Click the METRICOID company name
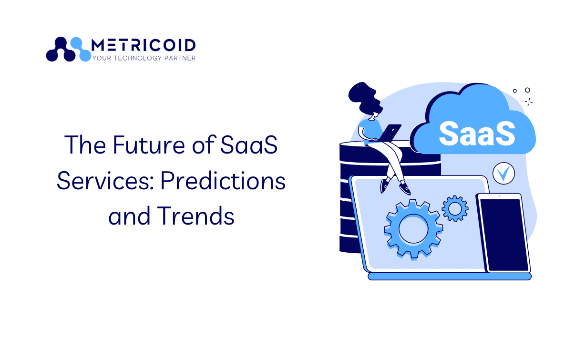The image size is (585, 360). pos(144,45)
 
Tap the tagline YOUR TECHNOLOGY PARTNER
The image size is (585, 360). pos(144,58)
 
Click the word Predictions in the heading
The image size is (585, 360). pos(223,181)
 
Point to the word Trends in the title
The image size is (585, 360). pos(195,216)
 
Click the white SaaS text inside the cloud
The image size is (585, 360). pos(477,134)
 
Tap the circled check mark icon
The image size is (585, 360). pos(503,174)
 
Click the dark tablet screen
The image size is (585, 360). pos(504,235)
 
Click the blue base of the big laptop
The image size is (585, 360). pos(449,277)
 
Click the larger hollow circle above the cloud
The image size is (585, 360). pos(527,90)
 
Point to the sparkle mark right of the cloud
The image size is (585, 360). pos(529,102)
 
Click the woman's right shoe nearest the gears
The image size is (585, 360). pos(405,189)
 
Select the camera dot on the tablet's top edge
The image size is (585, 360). pos(499,196)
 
